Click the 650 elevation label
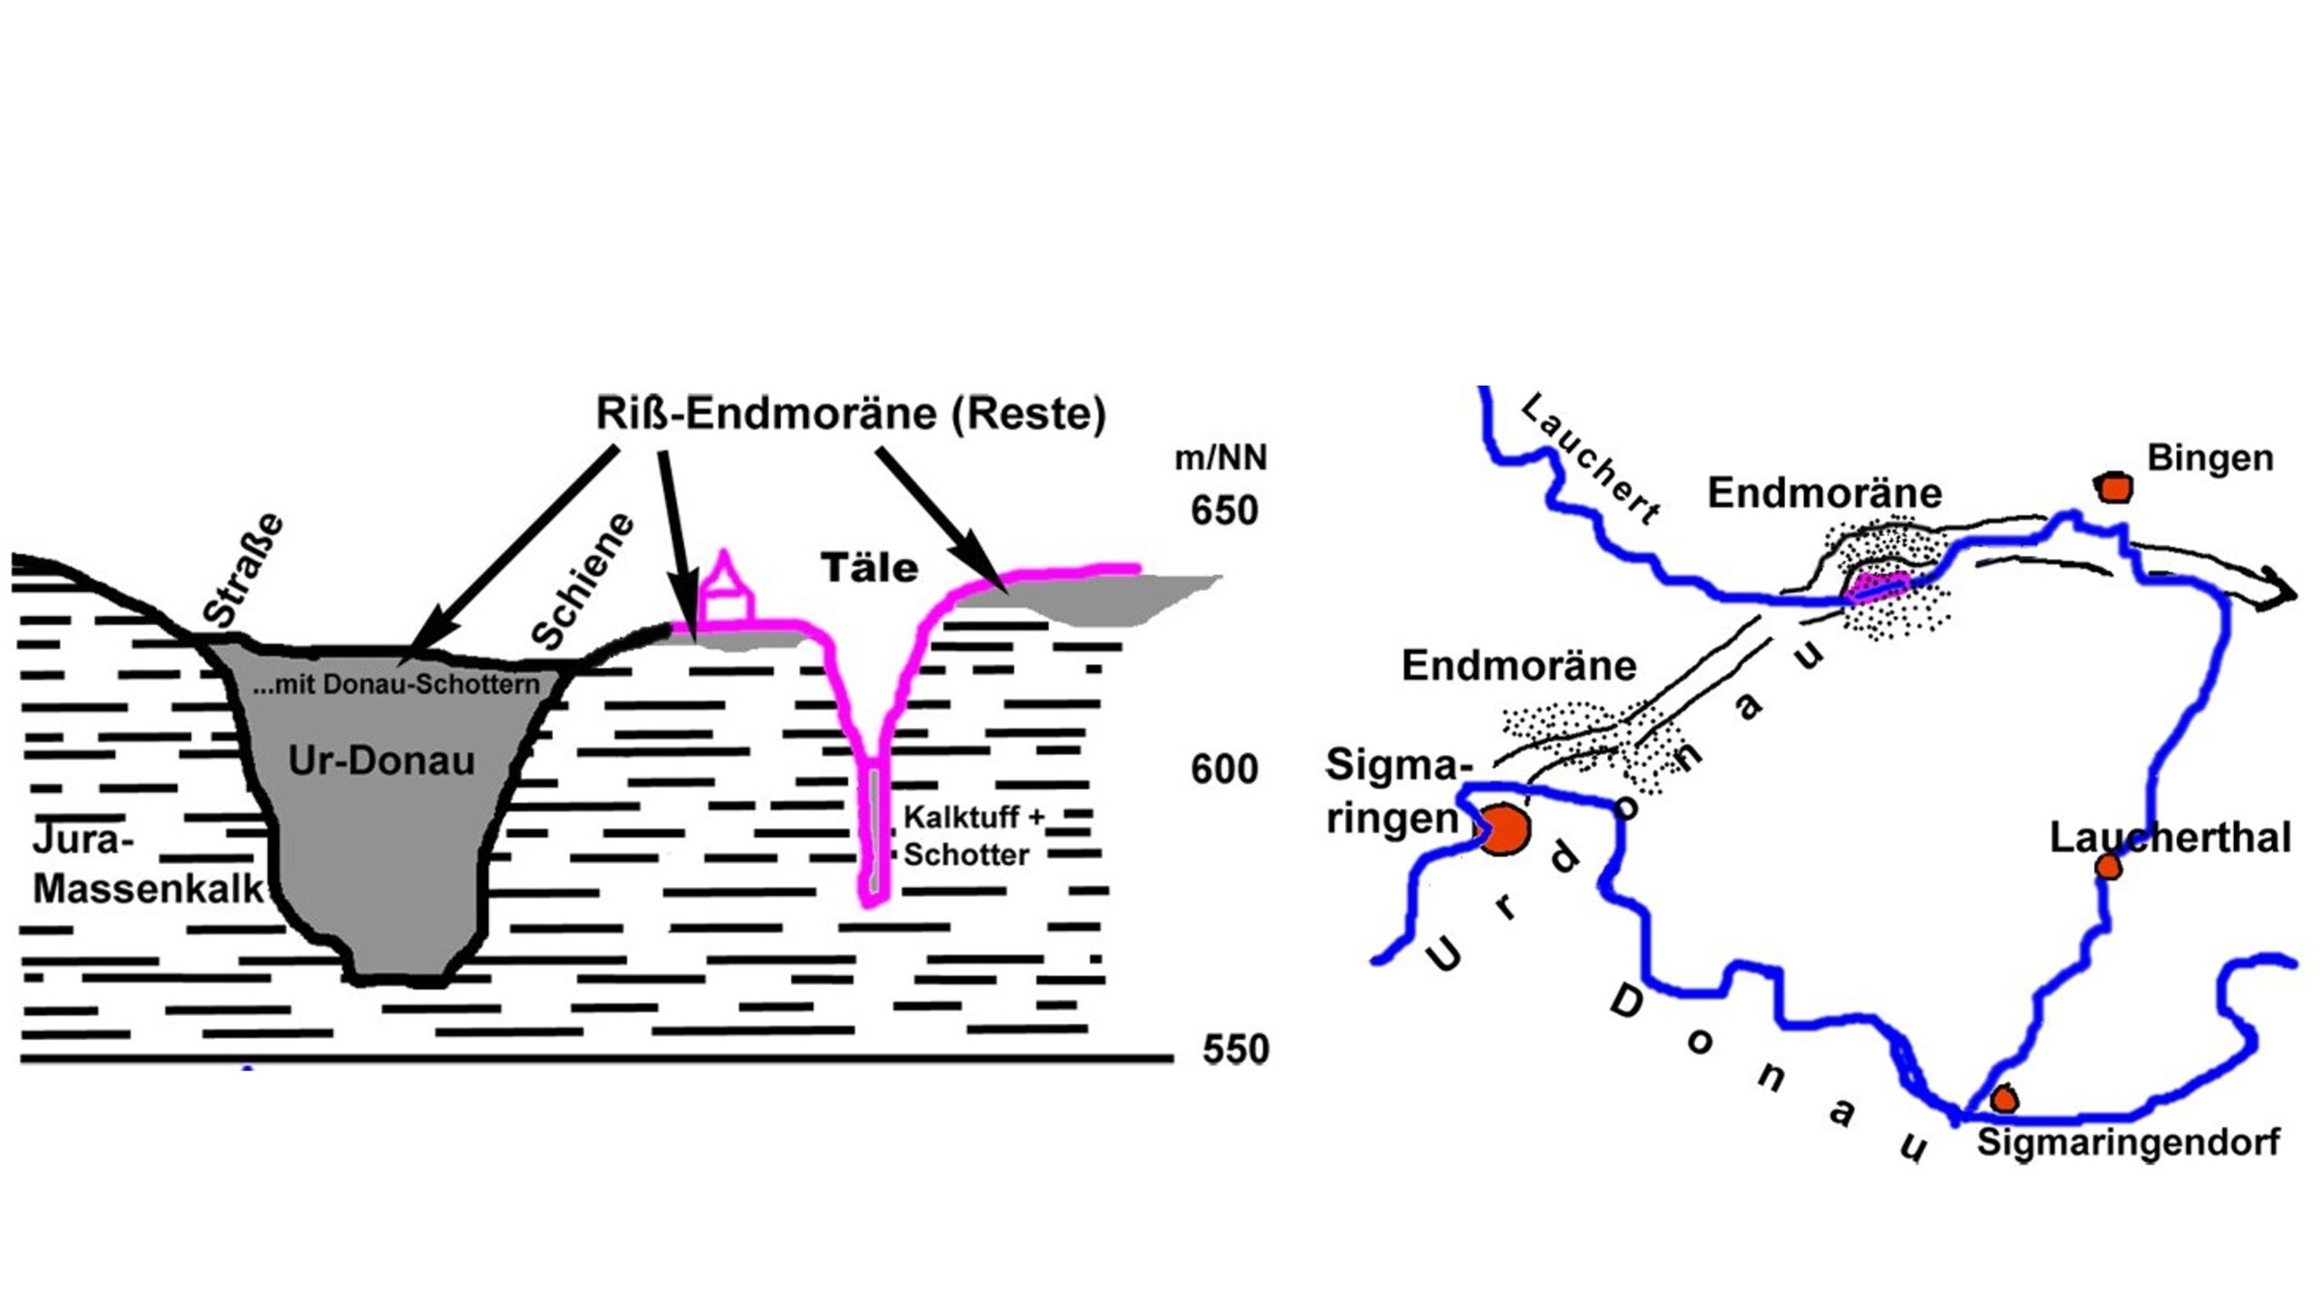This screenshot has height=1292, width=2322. pos(1224,511)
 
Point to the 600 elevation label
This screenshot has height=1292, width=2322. pos(1224,769)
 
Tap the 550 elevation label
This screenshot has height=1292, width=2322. pos(1234,1050)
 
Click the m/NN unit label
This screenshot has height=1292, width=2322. pos(1220,458)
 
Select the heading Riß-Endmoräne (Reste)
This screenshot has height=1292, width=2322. pos(850,414)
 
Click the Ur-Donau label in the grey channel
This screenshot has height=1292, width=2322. pos(381,760)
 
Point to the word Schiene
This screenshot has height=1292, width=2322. pos(582,581)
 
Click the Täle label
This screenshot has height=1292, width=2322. pos(869,569)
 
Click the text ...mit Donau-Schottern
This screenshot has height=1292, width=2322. pos(395,684)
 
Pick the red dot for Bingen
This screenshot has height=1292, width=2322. pos(2114,487)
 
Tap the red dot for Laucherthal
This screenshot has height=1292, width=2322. pos(2109,867)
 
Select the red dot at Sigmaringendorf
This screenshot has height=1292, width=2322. pos(2004,1100)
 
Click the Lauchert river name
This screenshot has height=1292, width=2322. pos(1592,458)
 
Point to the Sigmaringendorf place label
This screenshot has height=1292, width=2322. pos(2128,1142)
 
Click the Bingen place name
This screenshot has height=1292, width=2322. pos(2210,458)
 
